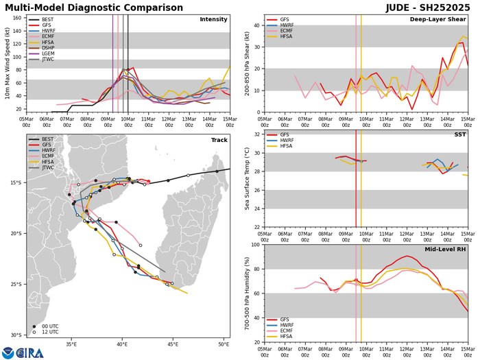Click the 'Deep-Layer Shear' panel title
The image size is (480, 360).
pyautogui.click(x=443, y=19)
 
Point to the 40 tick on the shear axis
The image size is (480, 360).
pyautogui.click(x=257, y=26)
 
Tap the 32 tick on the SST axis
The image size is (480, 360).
pyautogui.click(x=257, y=134)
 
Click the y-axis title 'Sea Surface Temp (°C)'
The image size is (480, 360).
pyautogui.click(x=248, y=180)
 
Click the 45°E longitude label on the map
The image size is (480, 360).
pyautogui.click(x=173, y=344)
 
